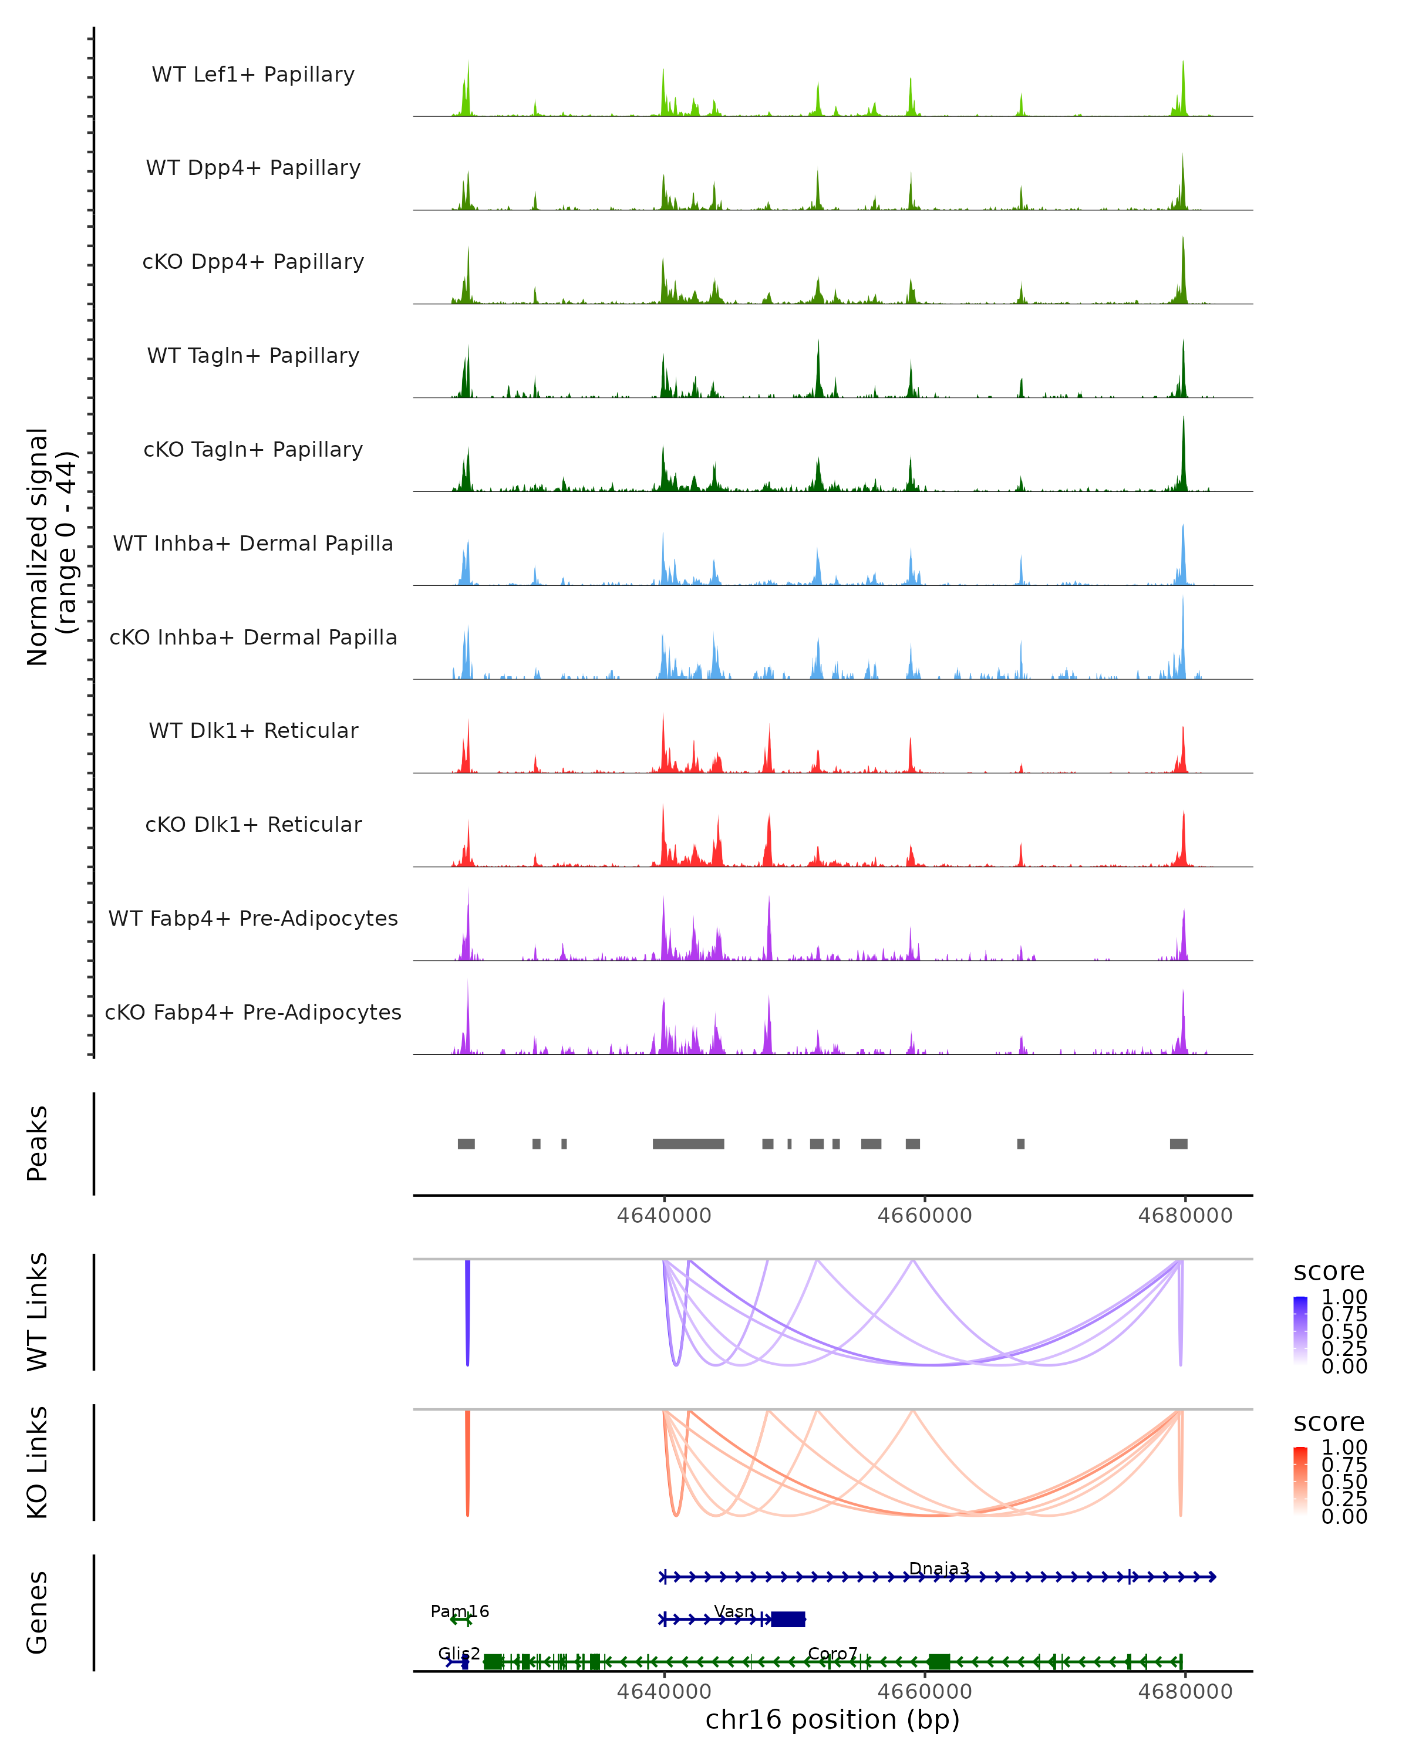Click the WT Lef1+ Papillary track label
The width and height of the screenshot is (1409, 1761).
coord(253,75)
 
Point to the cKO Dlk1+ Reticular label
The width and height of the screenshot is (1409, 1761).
coord(253,824)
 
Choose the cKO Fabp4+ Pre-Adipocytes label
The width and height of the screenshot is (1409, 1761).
coord(253,1012)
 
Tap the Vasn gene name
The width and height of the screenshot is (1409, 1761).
coord(733,1611)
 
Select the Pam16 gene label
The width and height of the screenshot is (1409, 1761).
coord(460,1611)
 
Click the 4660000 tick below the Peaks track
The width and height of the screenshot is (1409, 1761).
coord(925,1216)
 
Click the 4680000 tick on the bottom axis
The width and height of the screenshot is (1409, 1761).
coord(1185,1692)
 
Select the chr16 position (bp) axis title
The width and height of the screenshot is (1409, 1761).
coord(832,1720)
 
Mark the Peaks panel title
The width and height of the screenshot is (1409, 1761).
coord(38,1143)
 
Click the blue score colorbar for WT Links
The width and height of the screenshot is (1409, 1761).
coord(1301,1331)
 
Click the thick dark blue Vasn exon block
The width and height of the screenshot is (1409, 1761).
coord(788,1619)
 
